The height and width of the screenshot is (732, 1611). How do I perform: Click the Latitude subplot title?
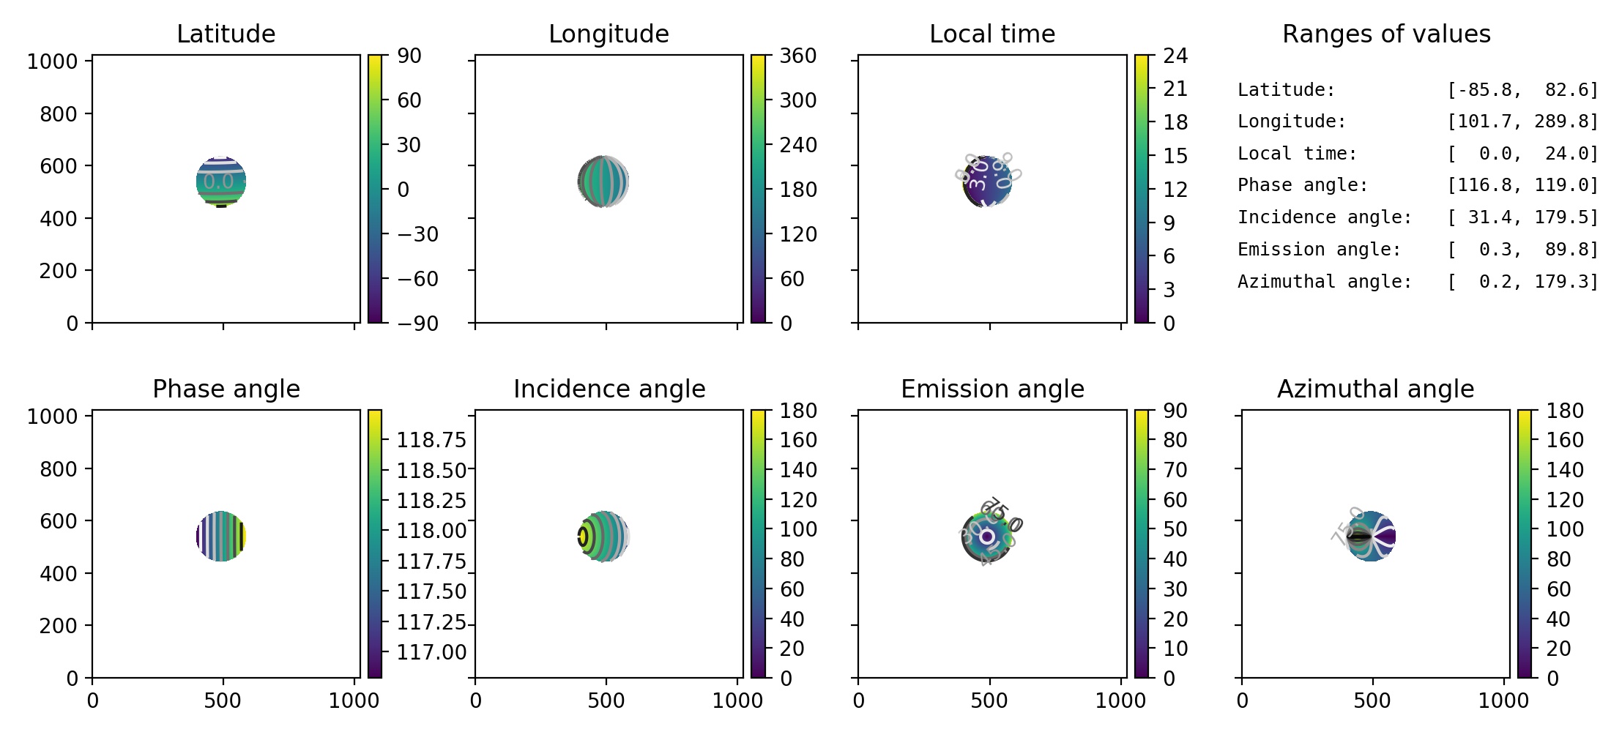coord(226,34)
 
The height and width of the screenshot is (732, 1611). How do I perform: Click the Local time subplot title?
coord(992,34)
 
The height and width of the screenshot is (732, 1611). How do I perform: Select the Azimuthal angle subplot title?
coord(1375,389)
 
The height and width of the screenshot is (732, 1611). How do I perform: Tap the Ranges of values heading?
coord(1386,34)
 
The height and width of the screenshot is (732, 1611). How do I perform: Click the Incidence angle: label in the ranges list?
coord(1324,217)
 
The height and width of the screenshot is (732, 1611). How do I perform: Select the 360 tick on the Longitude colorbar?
coord(797,56)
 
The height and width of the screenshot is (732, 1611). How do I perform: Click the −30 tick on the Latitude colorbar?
coord(417,234)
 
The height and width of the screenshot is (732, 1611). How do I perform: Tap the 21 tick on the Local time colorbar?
coord(1175,89)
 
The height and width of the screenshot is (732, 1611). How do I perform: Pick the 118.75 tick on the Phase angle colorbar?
coord(431,440)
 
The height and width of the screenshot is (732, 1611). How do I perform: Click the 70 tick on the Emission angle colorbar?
coord(1175,470)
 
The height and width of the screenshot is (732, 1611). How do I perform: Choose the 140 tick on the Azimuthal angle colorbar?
coord(1565,470)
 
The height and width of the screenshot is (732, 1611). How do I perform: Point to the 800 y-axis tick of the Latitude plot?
coord(58,114)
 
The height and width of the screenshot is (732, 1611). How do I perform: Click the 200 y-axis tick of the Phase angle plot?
coord(58,626)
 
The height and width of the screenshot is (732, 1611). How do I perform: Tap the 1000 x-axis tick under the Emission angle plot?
coord(1120,701)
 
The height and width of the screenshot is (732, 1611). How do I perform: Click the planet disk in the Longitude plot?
coord(603,182)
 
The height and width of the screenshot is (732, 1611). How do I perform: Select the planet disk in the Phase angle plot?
coord(221,537)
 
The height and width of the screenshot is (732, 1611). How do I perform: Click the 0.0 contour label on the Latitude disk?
coord(218,181)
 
